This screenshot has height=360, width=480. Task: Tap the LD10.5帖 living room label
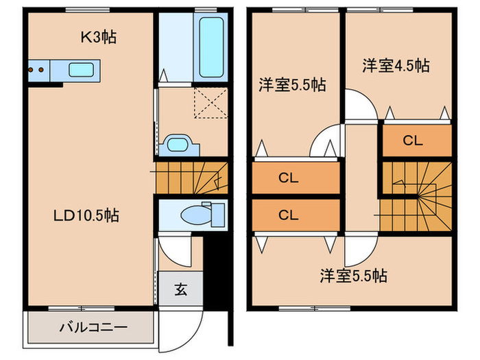click(x=86, y=215)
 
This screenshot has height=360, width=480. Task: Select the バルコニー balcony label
click(x=87, y=326)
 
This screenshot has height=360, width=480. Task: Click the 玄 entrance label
click(x=180, y=289)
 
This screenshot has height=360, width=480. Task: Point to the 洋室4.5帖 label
click(x=396, y=66)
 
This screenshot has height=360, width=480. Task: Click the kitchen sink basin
click(x=82, y=69)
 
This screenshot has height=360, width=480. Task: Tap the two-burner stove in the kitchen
click(x=38, y=69)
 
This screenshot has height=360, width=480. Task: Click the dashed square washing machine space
click(x=212, y=105)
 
